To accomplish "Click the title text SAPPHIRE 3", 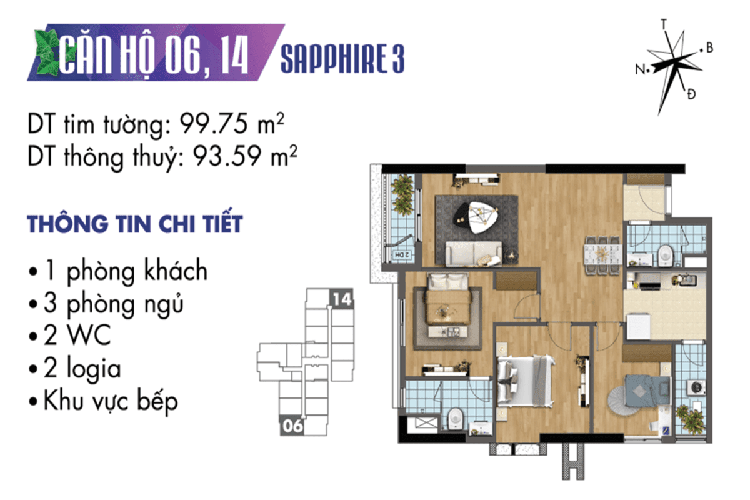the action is (342, 58).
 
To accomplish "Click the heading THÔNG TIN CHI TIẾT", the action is (134, 224).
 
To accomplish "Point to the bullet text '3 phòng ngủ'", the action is (113, 304).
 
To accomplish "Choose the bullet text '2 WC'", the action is (77, 335).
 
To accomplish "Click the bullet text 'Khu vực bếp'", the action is (111, 401).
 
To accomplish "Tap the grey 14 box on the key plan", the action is (341, 298).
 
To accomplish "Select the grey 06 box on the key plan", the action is (292, 426).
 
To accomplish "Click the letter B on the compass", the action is (709, 48).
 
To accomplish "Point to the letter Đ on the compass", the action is (692, 94).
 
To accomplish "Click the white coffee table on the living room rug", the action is (482, 217).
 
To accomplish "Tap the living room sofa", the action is (474, 254).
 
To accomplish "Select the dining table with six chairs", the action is (602, 256).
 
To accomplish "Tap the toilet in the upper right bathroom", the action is (666, 256).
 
